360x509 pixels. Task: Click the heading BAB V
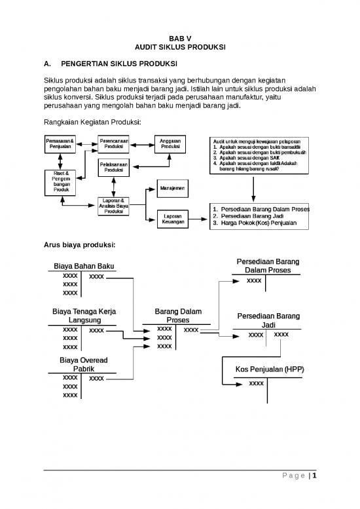(179, 39)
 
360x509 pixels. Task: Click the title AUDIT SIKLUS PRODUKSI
(179, 48)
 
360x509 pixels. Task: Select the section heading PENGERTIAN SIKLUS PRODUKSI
(119, 65)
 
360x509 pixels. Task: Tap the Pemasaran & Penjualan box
(60, 143)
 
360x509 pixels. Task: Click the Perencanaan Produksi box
(114, 143)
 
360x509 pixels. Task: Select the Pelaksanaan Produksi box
(114, 166)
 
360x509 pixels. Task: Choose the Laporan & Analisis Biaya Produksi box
(114, 205)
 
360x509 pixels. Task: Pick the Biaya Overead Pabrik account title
(84, 365)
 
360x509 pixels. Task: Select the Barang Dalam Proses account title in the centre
(178, 316)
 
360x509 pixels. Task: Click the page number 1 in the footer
(315, 476)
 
